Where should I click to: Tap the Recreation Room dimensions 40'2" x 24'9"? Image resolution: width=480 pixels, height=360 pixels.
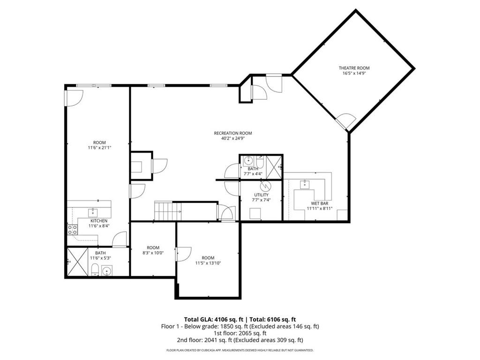[x=233, y=139]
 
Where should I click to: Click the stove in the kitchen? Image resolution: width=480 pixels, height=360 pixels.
[x=73, y=229]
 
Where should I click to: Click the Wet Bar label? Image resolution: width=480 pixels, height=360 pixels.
[x=320, y=202]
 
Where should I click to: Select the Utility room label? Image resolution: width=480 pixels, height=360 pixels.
[x=261, y=195]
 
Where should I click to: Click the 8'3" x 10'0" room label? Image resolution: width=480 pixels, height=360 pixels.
[x=153, y=247]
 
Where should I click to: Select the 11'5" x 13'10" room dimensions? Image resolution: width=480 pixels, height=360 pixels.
[x=208, y=263]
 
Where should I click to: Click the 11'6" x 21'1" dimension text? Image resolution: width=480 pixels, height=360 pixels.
[x=99, y=148]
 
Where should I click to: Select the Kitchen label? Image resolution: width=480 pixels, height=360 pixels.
[x=99, y=221]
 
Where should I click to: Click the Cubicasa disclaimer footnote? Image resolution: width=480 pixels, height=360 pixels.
[x=240, y=350]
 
